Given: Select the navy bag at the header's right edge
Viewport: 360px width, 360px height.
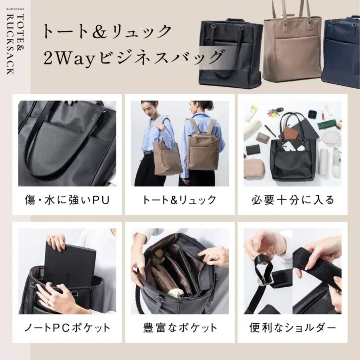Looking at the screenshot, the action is [340, 52].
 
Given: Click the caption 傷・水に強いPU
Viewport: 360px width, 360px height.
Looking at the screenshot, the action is [67, 200].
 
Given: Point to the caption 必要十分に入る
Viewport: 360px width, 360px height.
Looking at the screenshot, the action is [293, 200].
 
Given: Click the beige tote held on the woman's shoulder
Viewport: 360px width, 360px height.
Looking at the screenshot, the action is [167, 156].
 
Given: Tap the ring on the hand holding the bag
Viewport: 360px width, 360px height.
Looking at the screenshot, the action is [48, 302].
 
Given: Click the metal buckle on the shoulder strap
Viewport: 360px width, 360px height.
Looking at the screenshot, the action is [266, 282].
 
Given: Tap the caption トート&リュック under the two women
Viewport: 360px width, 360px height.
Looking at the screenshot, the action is [179, 200].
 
